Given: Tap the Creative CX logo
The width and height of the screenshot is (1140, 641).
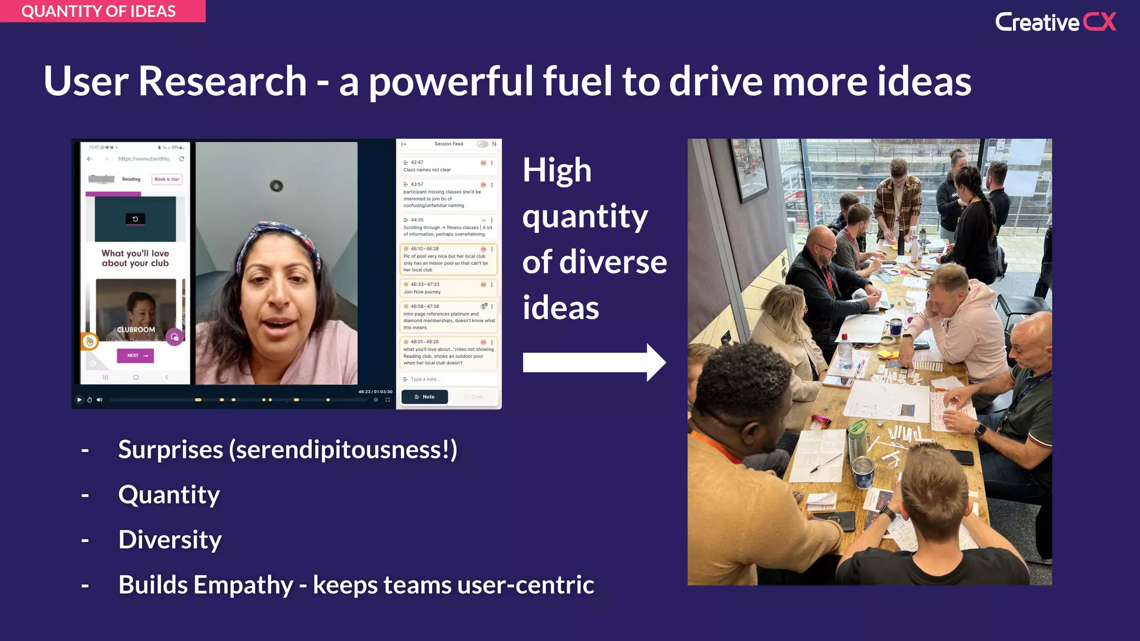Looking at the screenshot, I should click(x=1055, y=22).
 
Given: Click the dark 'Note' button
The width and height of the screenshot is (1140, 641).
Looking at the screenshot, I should click(x=425, y=397).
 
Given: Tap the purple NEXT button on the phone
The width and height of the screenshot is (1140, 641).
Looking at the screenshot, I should click(x=135, y=356).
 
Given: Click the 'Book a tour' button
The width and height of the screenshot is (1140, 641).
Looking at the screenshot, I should click(x=167, y=179).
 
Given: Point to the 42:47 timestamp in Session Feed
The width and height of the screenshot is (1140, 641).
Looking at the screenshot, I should click(x=417, y=162).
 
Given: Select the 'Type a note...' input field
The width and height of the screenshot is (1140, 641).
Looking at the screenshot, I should click(x=449, y=379).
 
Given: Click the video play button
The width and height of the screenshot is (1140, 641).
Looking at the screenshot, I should click(x=79, y=400).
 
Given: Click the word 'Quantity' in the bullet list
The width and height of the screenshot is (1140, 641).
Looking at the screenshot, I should click(x=169, y=495).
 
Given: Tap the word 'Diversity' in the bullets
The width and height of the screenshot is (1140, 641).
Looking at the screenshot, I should click(x=170, y=540).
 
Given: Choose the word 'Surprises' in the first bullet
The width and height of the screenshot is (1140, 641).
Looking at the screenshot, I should click(x=170, y=450).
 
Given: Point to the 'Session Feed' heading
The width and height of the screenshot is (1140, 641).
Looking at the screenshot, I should click(x=449, y=144).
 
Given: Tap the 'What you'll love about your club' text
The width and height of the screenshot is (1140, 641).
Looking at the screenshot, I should click(x=135, y=258).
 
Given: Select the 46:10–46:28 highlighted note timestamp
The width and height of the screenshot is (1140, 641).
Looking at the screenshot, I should click(x=425, y=249).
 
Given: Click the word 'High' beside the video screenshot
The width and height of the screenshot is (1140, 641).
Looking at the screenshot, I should click(x=557, y=170).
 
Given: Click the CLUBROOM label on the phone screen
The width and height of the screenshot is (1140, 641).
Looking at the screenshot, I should click(x=136, y=329).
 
